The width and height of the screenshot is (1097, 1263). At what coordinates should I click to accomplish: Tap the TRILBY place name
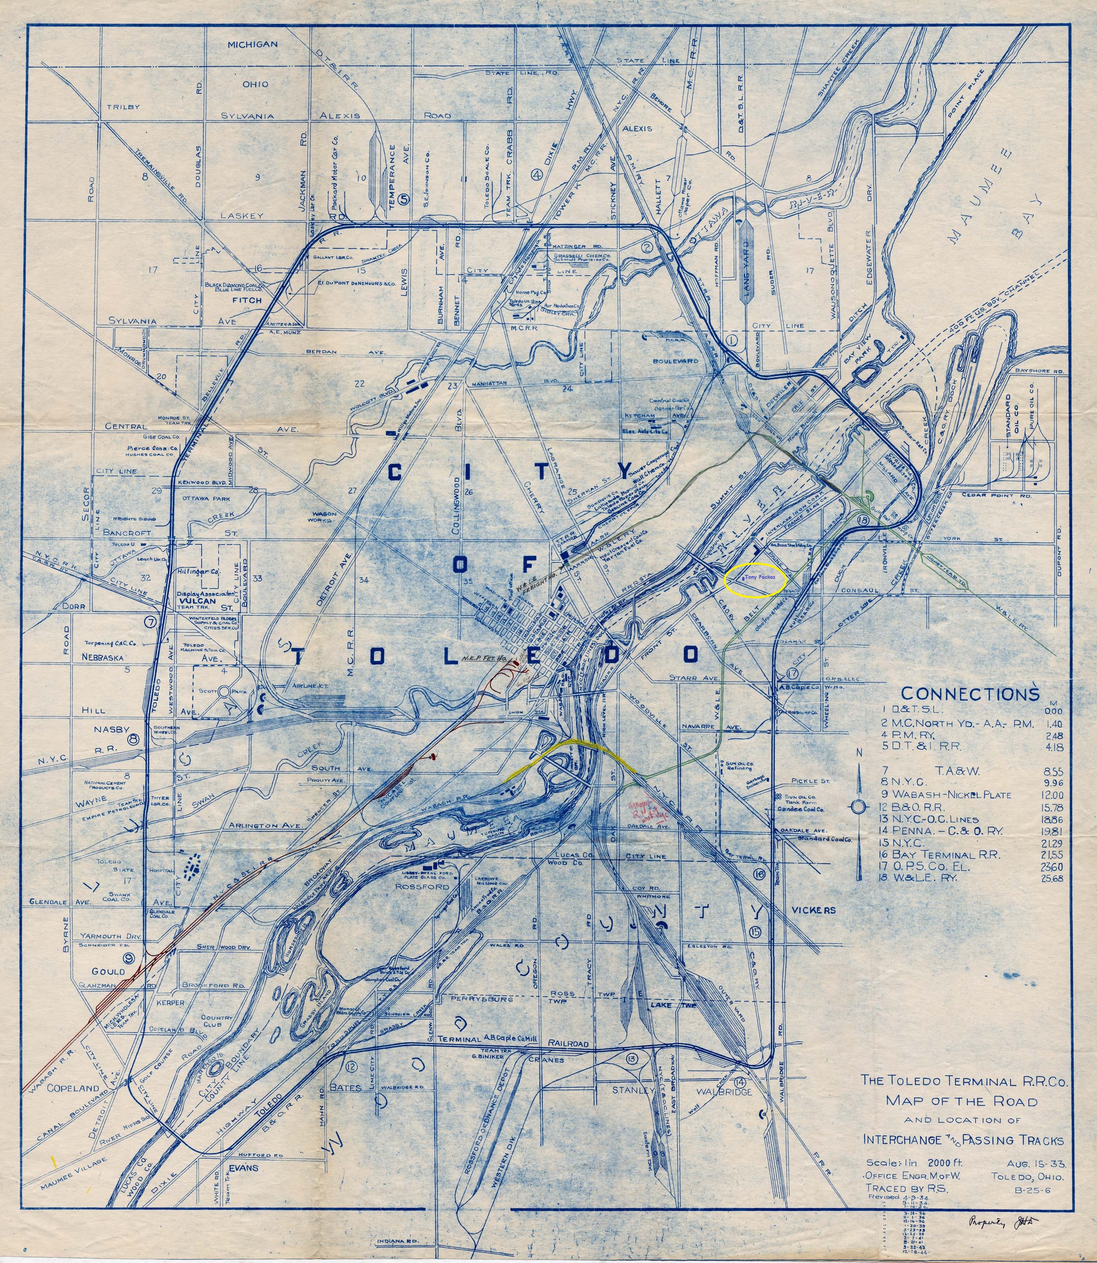(124, 106)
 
